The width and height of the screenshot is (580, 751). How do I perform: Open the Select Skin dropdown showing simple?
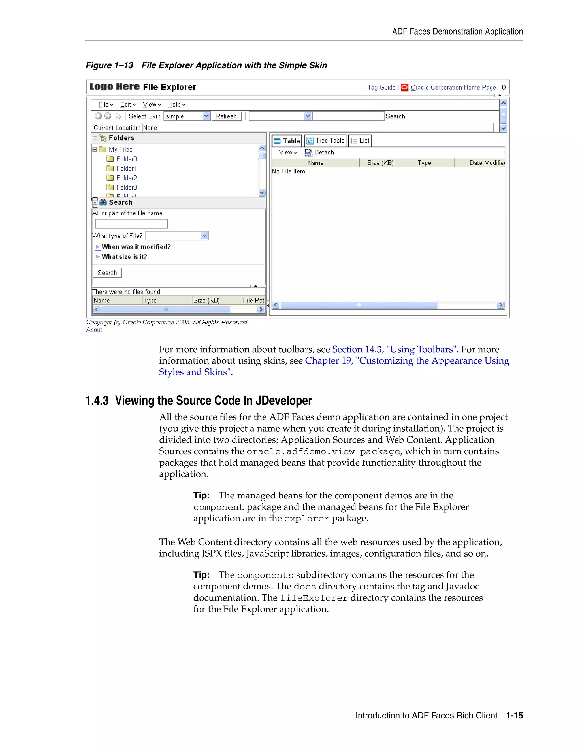pos(187,116)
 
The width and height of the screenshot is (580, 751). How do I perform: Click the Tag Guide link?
pos(381,87)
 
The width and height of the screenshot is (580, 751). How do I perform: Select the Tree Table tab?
pos(325,141)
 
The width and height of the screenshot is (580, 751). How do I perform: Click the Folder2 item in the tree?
pos(126,178)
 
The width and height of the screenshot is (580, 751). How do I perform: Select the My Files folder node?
pos(120,150)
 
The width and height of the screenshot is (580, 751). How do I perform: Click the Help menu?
pos(176,105)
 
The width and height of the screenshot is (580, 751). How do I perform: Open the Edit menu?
pos(128,105)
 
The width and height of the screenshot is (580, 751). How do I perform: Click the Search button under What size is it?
pos(107,273)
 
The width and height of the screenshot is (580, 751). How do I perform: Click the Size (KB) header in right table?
pos(380,163)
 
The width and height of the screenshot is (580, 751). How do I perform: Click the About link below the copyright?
pos(94,330)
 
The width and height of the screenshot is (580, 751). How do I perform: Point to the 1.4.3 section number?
pos(97,401)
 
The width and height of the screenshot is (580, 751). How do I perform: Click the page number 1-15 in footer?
pos(514,716)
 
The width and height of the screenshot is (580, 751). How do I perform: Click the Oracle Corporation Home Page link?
pos(453,87)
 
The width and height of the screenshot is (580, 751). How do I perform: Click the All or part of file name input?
pos(131,224)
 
